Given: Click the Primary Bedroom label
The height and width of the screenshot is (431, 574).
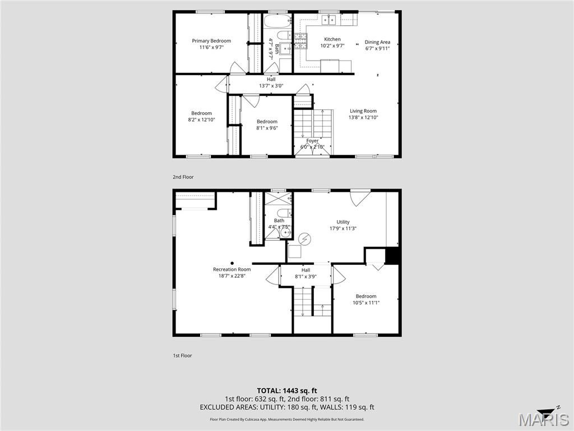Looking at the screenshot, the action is click(211, 40).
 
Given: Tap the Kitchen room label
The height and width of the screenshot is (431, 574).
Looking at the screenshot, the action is click(332, 39).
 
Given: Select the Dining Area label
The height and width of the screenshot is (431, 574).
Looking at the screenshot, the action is click(377, 42).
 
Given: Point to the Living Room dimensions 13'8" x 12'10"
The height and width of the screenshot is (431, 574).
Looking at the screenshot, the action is click(363, 118).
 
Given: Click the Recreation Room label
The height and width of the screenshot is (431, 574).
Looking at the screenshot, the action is click(232, 269).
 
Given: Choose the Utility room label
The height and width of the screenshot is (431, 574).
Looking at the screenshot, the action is click(343, 222).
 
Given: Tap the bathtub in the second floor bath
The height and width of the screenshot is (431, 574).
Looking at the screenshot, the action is click(277, 21).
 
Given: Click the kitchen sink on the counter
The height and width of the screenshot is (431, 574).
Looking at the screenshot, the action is click(328, 20).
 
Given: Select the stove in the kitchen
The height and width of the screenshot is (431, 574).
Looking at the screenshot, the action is click(300, 40).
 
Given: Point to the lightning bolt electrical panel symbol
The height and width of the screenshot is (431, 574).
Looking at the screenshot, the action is click(304, 239).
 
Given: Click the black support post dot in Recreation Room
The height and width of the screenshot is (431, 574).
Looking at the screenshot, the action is click(232, 263).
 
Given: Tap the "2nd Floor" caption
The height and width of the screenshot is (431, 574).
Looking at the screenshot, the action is click(183, 177).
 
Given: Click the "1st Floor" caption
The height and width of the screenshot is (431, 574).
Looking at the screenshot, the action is click(182, 355).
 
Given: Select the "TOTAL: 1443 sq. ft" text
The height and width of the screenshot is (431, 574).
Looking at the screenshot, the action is click(284, 391).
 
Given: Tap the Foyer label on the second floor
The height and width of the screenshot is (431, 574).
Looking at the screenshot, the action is click(312, 141).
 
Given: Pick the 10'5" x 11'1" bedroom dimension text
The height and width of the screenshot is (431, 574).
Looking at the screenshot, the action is click(366, 302).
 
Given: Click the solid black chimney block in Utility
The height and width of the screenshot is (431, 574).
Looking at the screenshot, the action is click(392, 255).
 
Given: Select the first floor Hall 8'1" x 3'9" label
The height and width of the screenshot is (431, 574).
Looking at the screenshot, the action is click(305, 273).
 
